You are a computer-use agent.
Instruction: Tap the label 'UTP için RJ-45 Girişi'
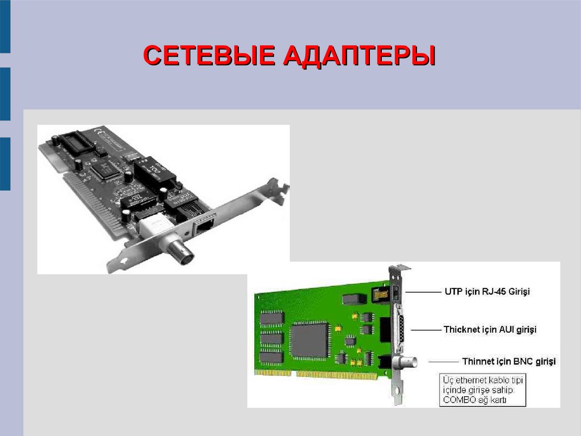point(487,291)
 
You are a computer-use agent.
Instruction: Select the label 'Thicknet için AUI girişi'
point(490,329)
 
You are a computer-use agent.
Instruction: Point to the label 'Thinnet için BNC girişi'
point(509,361)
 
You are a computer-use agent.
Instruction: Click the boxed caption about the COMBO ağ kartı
point(482,390)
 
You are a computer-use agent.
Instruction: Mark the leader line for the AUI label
point(426,330)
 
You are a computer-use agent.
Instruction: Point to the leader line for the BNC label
point(444,362)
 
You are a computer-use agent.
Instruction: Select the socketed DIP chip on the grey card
point(76,142)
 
